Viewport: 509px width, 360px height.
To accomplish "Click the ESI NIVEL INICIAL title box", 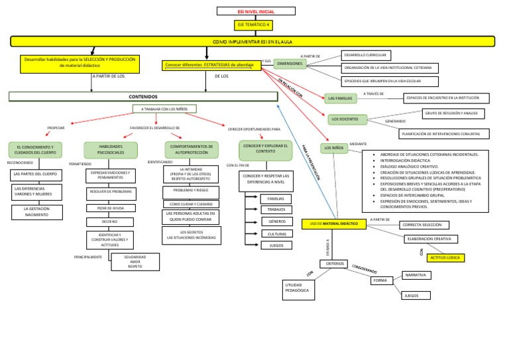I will tap(255, 11).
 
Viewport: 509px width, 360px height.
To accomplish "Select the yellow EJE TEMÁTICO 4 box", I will tap(254, 26).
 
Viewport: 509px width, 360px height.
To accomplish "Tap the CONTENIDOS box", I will tap(142, 97).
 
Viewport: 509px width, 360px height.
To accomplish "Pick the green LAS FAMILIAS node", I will tap(341, 98).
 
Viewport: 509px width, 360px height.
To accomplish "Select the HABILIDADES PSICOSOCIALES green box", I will tap(110, 149).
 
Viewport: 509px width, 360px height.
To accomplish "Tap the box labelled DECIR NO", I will tap(110, 222).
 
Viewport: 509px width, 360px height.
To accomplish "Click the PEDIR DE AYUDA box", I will tap(110, 208).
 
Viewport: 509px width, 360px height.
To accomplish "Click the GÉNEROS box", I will tap(276, 221).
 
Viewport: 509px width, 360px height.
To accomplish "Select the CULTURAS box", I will tap(276, 233).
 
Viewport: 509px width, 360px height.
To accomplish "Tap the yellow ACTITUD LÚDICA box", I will tap(445, 257).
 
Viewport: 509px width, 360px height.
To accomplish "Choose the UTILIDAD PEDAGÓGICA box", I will tap(297, 288).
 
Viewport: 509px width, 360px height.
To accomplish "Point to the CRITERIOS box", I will tap(335, 263).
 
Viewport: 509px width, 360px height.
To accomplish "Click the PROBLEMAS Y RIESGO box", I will tap(191, 190).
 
